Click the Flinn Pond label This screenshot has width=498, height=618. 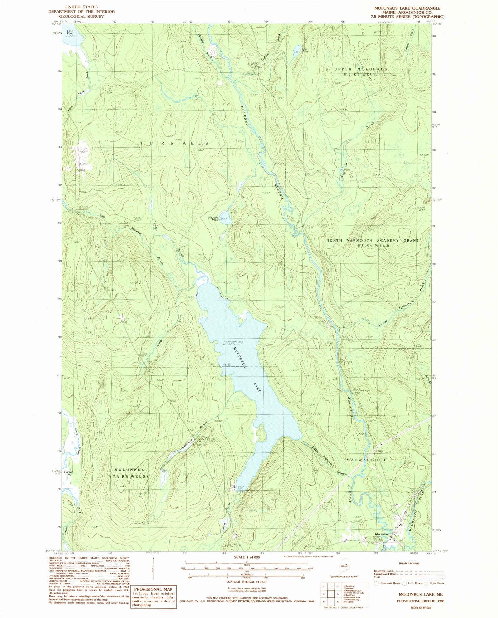[x=69, y=32]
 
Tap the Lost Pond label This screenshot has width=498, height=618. [x=305, y=50]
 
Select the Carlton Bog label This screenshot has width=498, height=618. [x=68, y=473]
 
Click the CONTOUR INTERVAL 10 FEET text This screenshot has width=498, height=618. [x=247, y=581]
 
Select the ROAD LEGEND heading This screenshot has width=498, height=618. [x=409, y=563]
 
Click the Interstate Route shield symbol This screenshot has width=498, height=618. [x=376, y=583]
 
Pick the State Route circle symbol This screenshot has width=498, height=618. [x=427, y=583]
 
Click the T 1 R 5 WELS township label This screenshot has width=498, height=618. [x=174, y=143]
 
